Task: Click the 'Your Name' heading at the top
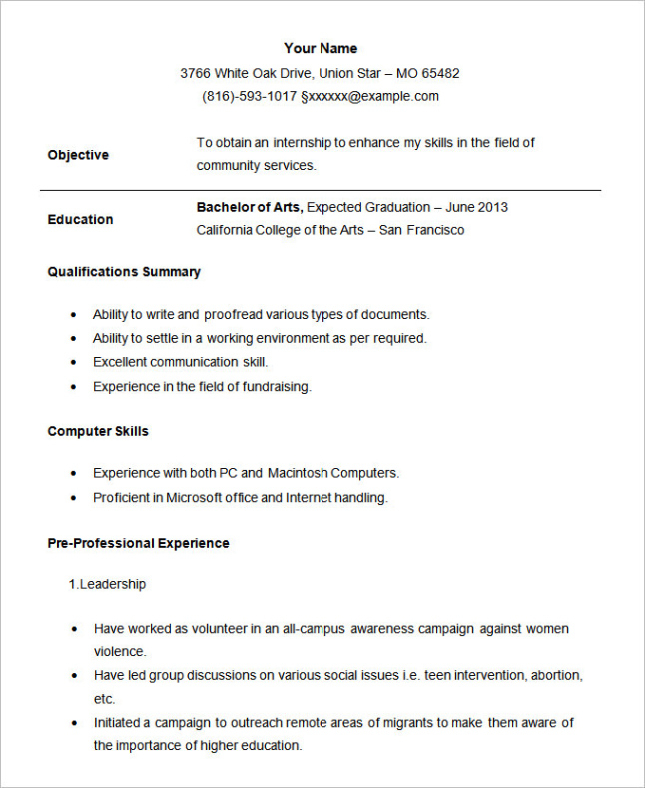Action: click(x=320, y=48)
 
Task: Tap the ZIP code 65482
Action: click(x=441, y=73)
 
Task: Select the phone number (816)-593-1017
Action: click(x=249, y=96)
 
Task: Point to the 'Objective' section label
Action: click(x=78, y=155)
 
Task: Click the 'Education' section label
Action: click(x=80, y=219)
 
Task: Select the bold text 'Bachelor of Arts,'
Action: click(x=250, y=207)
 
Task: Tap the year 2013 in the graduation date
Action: click(x=492, y=207)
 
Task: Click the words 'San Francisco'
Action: click(x=422, y=230)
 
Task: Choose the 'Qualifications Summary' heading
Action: click(x=124, y=272)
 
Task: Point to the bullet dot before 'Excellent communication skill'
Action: click(x=74, y=362)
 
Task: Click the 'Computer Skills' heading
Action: click(x=98, y=431)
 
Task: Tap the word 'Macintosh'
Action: click(x=297, y=473)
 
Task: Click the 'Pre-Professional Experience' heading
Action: click(x=138, y=543)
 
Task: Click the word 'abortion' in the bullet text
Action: click(x=555, y=675)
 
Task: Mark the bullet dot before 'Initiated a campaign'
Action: click(x=75, y=722)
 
